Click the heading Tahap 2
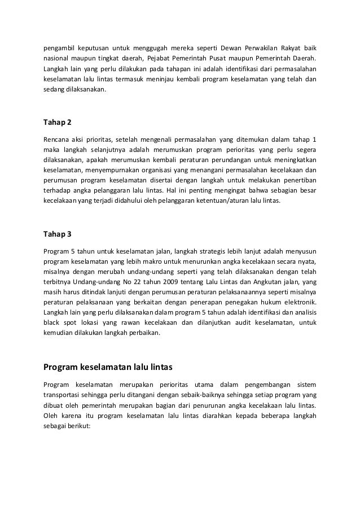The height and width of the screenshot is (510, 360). (x=58, y=123)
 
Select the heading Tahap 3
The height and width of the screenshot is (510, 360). (x=58, y=234)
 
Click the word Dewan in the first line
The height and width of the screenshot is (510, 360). (x=230, y=47)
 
